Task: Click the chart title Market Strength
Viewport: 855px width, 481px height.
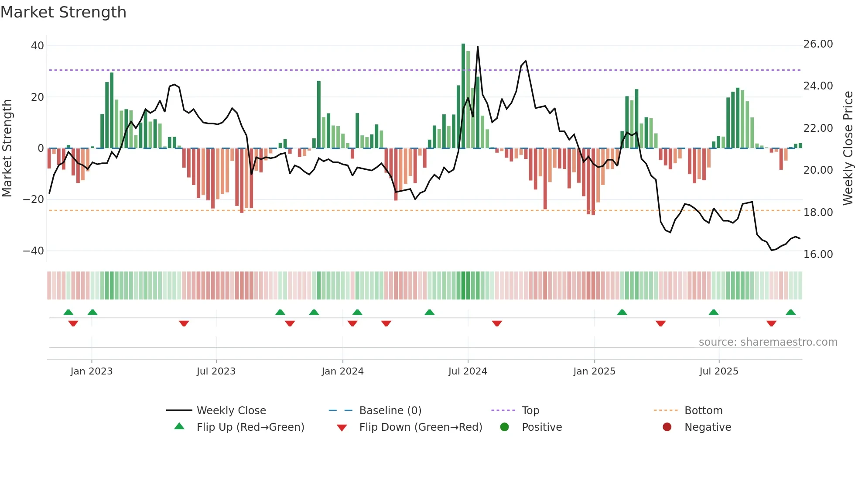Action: click(x=63, y=12)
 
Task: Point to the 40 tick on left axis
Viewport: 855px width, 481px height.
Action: click(x=37, y=46)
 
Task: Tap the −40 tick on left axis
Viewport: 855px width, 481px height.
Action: click(x=34, y=251)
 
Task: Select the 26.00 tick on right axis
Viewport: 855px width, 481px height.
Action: click(x=818, y=44)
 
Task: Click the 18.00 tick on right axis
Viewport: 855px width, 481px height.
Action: click(x=818, y=213)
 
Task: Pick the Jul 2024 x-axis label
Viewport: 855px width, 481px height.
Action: click(x=467, y=371)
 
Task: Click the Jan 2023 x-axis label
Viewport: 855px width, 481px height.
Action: click(x=91, y=371)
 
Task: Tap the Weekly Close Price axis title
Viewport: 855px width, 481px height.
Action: click(x=848, y=148)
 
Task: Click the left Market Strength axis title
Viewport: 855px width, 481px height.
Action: click(x=7, y=148)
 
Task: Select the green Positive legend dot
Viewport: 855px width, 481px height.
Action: click(x=505, y=427)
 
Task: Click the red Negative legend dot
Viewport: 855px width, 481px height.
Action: click(x=667, y=427)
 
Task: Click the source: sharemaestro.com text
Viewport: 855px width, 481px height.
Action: click(x=768, y=342)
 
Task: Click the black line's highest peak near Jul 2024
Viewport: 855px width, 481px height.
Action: click(x=478, y=47)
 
